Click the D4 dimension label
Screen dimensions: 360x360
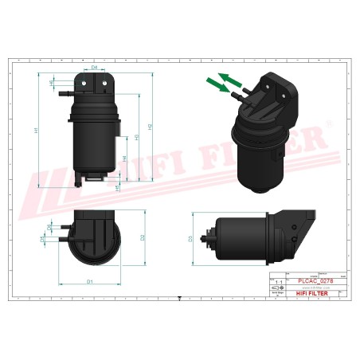pos(94,68)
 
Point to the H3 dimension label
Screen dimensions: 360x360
pos(137,137)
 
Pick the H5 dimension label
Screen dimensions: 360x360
pos(117,186)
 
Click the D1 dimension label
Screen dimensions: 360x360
pos(90,281)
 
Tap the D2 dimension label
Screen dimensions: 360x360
pos(143,237)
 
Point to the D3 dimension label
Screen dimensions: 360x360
pos(190,237)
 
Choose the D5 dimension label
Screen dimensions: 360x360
pos(42,238)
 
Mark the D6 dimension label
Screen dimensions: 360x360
pos(49,228)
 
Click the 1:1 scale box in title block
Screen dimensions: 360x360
pos(277,282)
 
